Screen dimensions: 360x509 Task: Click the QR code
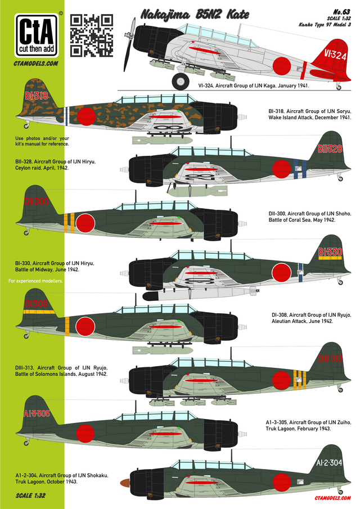pos(92,35)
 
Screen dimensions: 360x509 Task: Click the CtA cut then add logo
pos(37,35)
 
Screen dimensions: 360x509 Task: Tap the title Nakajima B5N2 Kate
pos(195,15)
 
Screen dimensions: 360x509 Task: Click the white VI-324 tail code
pos(335,55)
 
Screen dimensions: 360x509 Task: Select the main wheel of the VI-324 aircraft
pos(181,81)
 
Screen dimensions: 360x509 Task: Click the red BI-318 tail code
pos(37,96)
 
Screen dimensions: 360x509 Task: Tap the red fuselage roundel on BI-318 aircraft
pos(87,116)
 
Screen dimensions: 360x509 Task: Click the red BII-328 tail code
pos(330,148)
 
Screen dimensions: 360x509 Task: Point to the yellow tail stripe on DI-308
pos(39,312)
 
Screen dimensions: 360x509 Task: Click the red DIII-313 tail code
pos(330,359)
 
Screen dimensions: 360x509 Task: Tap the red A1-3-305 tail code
pos(37,413)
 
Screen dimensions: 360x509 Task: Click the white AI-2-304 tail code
pos(329,462)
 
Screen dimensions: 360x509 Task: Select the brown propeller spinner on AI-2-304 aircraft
pos(125,483)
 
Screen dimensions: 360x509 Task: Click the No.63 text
pos(342,12)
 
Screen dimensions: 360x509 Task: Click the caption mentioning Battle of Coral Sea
pos(310,217)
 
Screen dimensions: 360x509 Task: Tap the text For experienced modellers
pos(35,281)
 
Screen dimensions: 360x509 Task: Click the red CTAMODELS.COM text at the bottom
pos(333,498)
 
